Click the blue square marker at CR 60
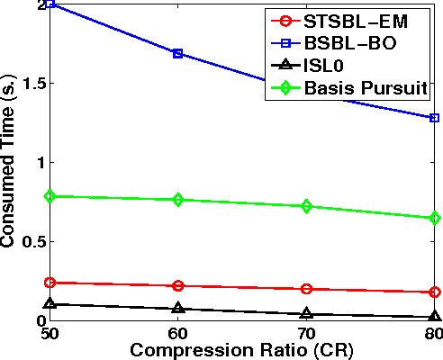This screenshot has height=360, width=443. point(178,54)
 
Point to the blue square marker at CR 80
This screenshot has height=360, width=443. point(435,118)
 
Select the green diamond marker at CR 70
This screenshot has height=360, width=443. point(307,206)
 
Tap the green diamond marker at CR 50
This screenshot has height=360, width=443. point(50,196)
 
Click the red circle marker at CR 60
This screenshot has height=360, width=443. point(178,285)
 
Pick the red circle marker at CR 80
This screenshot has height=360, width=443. point(435,292)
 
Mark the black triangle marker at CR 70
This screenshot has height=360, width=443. point(307,313)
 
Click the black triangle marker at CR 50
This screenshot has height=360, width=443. point(50,303)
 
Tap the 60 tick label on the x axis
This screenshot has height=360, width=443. point(178,332)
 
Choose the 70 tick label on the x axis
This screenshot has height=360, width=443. point(307,332)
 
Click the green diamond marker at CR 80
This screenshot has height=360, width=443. point(435,218)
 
